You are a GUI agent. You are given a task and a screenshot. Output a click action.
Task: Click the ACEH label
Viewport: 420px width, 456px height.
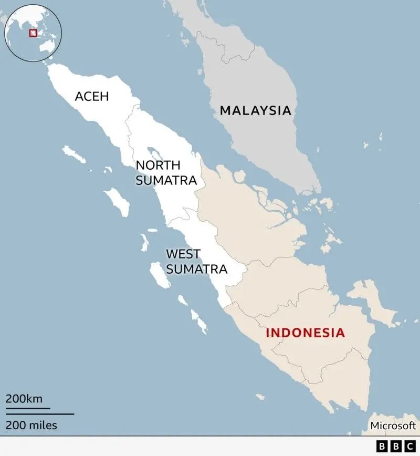coord(92,97)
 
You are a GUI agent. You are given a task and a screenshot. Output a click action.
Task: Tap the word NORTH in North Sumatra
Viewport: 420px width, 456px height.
coord(154,165)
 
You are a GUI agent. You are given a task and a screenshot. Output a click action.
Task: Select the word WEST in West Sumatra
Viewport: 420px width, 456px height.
coord(183,254)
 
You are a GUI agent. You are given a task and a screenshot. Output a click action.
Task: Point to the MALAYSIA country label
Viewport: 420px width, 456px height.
coord(255,111)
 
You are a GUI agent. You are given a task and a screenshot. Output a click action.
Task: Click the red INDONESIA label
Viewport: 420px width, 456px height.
coord(305,333)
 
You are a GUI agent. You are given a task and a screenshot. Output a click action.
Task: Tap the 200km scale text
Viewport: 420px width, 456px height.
coord(24,399)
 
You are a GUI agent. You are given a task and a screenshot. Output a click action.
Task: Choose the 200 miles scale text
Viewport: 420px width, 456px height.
coord(31,425)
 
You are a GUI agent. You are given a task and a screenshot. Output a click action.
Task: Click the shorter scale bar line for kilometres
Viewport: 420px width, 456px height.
coord(28,408)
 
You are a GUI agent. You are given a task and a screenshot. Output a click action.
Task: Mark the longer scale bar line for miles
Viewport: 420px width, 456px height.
coord(40,414)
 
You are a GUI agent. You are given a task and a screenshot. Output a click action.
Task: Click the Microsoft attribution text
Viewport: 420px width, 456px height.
coord(393,426)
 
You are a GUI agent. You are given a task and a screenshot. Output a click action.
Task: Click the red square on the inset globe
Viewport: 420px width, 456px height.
coord(33,33)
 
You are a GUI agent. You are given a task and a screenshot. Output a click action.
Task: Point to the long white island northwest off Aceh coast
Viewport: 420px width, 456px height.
coord(74,154)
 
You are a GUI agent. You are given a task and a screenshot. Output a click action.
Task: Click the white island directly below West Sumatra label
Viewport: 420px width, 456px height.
coord(159,275)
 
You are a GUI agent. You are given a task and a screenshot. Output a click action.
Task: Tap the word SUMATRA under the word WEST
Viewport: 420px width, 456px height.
coord(196,270)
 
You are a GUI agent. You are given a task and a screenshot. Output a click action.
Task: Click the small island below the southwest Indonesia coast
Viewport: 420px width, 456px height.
coord(260,397)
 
